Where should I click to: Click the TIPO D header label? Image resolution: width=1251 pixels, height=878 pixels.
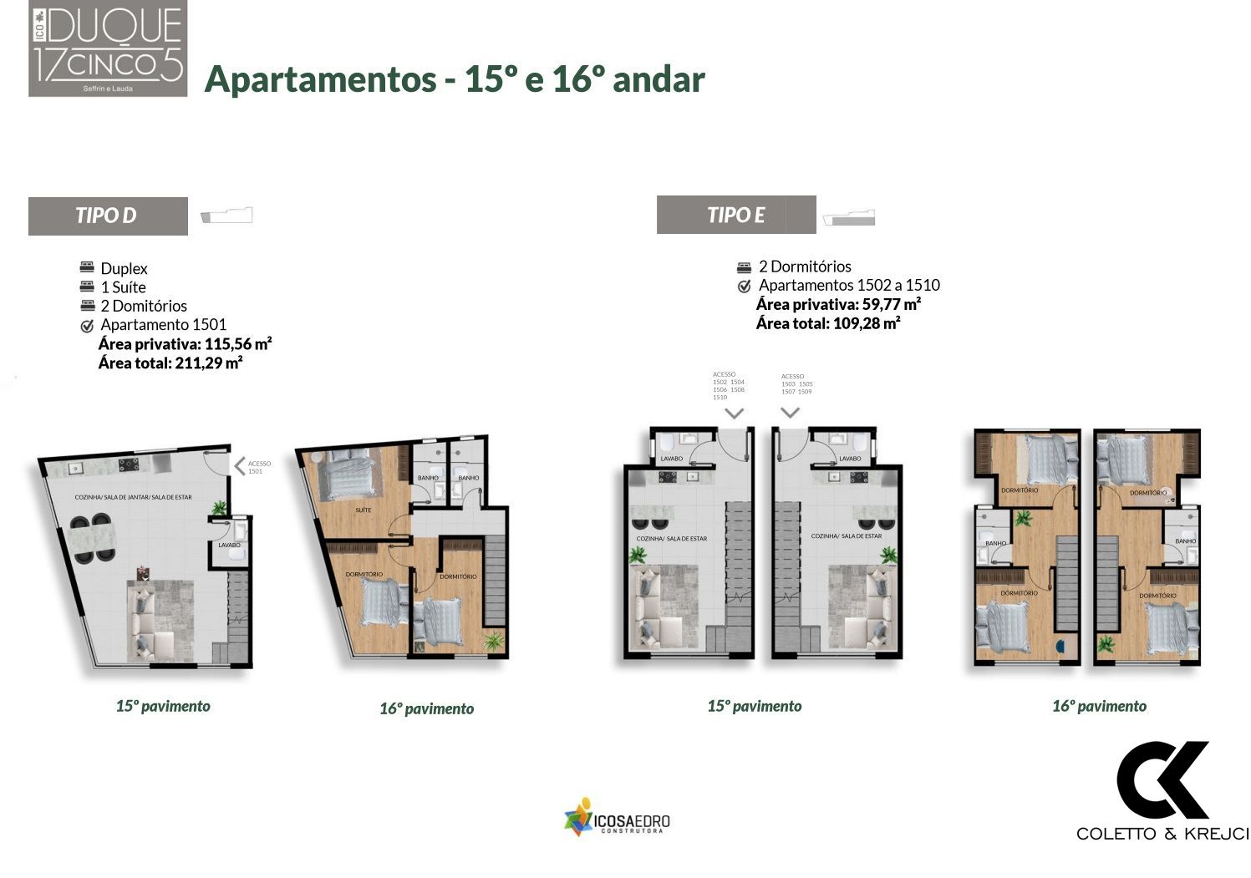[106, 216]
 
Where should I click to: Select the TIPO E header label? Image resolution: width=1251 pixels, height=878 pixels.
[735, 215]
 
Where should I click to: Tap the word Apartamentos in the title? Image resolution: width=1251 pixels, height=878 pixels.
[320, 79]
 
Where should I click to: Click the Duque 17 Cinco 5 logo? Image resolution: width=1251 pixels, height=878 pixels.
[108, 48]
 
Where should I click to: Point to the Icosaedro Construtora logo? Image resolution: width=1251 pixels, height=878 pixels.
[617, 818]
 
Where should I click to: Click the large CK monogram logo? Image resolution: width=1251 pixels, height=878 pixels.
[1162, 780]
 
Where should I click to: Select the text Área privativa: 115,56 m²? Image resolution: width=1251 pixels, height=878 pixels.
[185, 344]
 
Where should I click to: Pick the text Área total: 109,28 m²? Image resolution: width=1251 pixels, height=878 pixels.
[827, 323]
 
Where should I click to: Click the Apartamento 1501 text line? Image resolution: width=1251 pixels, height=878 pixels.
[163, 325]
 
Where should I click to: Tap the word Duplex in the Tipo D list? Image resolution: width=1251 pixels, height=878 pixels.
[124, 269]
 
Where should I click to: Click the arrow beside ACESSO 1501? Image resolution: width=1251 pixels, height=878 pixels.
[238, 466]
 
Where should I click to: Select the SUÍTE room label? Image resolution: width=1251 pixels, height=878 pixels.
[363, 510]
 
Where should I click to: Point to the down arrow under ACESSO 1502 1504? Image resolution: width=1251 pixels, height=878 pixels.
[734, 413]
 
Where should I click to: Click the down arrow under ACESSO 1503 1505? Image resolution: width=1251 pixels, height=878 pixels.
[790, 412]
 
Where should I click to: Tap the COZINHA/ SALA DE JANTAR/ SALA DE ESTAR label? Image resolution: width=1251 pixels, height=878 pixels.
[133, 497]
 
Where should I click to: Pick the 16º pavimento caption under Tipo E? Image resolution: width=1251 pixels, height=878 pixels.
[1098, 707]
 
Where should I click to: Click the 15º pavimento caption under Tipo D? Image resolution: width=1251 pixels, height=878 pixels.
[163, 707]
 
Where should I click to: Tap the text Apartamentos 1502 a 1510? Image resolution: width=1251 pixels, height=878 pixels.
[848, 286]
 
